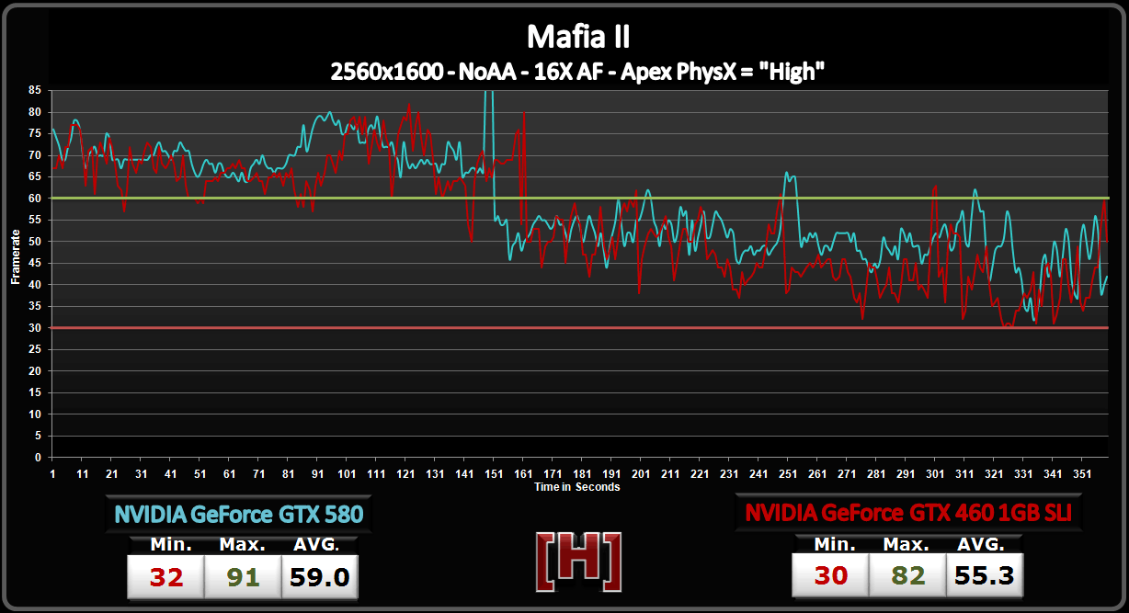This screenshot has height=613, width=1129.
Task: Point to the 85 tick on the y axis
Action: [x=34, y=90]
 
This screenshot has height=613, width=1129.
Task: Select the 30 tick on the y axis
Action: [x=34, y=328]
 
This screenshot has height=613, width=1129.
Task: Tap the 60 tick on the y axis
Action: [x=34, y=199]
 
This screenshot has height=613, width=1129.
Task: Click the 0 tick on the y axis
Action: [x=37, y=458]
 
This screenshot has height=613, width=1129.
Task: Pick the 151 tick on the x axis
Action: [x=494, y=474]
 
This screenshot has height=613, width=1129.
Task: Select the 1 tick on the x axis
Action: [x=52, y=474]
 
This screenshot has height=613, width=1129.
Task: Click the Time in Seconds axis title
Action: [x=577, y=487]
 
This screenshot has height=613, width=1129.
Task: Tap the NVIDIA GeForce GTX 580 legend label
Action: [x=239, y=514]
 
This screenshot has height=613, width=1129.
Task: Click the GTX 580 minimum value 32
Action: [x=166, y=577]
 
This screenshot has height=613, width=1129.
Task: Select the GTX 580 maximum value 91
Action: [x=243, y=577]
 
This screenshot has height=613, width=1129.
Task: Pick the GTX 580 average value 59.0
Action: [x=319, y=577]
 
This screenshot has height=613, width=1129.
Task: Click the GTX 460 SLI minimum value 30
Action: [x=831, y=576]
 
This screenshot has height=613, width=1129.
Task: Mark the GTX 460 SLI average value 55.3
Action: [x=984, y=576]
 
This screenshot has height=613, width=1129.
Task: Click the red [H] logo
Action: [x=577, y=561]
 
